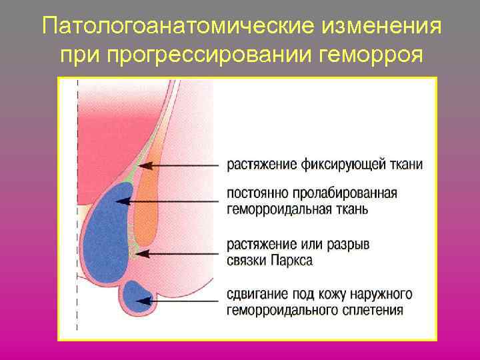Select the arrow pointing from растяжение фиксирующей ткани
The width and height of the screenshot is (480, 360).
pyautogui.click(x=180, y=164)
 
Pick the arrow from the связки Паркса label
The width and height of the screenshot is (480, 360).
pyautogui.click(x=180, y=253)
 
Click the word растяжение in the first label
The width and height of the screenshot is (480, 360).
pyautogui.click(x=259, y=164)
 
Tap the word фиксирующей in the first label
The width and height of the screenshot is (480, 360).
pyautogui.click(x=333, y=164)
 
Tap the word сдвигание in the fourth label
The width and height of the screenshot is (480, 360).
pyautogui.click(x=256, y=294)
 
